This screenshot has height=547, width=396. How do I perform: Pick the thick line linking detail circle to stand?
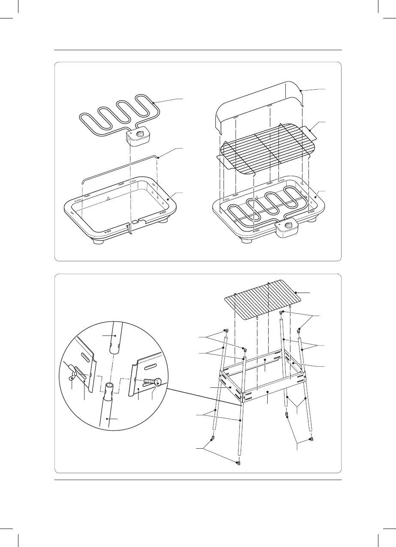[x=203, y=396]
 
